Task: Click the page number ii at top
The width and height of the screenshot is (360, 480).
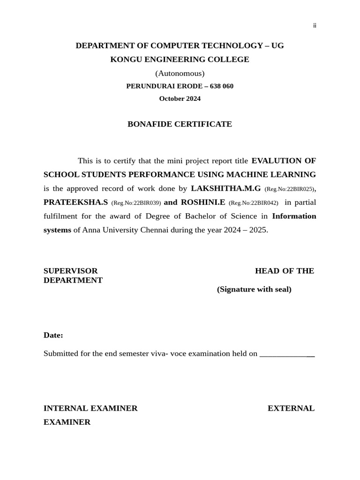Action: click(315, 26)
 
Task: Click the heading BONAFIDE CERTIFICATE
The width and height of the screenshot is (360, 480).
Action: click(180, 124)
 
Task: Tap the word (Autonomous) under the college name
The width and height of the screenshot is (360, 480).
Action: click(180, 73)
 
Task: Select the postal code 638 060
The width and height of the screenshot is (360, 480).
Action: click(222, 86)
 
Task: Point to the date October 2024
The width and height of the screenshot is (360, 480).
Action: click(180, 98)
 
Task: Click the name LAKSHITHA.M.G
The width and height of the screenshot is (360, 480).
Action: click(225, 188)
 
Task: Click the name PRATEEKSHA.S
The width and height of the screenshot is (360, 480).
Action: click(75, 202)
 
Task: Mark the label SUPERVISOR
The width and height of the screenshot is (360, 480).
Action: click(70, 271)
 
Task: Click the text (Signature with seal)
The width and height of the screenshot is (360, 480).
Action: click(254, 289)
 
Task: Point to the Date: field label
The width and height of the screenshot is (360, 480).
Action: click(53, 335)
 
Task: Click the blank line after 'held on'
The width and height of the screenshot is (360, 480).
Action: click(287, 354)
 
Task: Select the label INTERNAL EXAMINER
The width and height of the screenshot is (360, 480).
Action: click(90, 408)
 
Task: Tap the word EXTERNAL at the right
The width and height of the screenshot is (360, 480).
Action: click(291, 408)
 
